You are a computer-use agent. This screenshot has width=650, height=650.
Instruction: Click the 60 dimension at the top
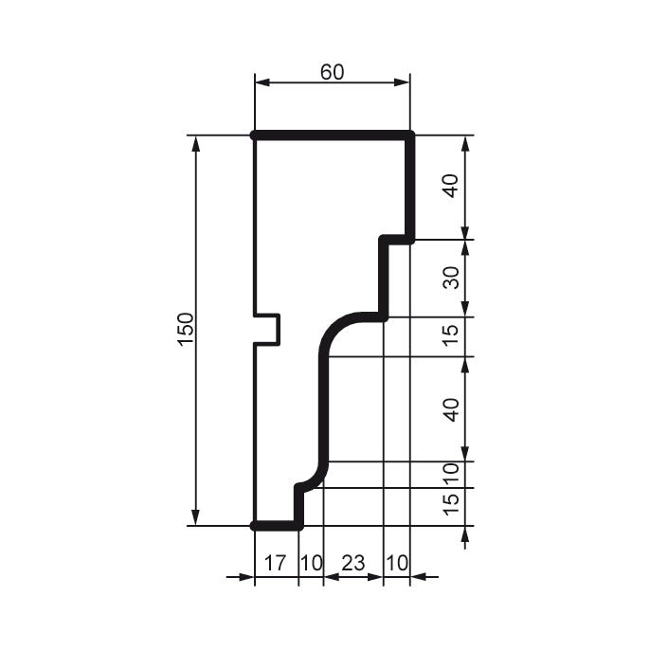click(x=332, y=72)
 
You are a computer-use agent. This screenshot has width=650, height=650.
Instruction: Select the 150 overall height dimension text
click(x=186, y=329)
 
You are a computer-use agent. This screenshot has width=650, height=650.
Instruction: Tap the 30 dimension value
click(x=452, y=278)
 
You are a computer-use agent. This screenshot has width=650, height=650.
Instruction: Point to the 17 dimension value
click(x=275, y=563)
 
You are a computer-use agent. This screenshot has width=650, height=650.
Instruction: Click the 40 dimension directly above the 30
click(x=452, y=187)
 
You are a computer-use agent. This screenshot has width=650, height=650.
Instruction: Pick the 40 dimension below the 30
click(x=452, y=409)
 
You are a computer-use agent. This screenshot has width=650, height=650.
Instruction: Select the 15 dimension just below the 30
click(x=452, y=334)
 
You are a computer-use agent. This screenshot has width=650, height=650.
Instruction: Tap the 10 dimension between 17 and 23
click(x=310, y=563)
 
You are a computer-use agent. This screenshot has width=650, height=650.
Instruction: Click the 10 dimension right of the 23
click(x=397, y=563)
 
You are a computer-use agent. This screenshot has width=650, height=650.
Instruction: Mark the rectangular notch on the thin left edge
click(x=268, y=329)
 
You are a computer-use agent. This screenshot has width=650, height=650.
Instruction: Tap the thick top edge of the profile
click(x=332, y=135)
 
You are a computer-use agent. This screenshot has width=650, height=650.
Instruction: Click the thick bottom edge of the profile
click(x=277, y=525)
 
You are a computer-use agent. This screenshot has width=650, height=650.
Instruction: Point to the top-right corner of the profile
click(x=411, y=136)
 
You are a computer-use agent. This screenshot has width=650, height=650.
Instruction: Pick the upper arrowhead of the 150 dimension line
click(x=197, y=143)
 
